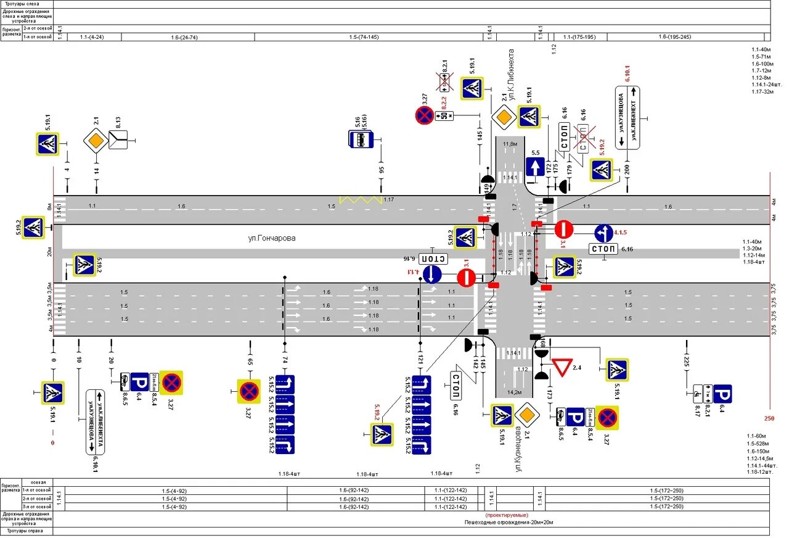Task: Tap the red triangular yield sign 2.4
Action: [562, 368]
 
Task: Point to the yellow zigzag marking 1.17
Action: [361, 201]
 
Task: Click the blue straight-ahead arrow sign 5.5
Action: [535, 167]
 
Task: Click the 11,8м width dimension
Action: [510, 144]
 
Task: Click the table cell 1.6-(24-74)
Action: [184, 37]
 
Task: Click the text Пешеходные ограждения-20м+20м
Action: [509, 522]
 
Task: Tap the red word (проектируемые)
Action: [506, 515]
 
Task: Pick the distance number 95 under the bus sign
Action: [382, 170]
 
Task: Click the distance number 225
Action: [686, 360]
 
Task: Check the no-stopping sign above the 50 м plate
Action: [424, 115]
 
